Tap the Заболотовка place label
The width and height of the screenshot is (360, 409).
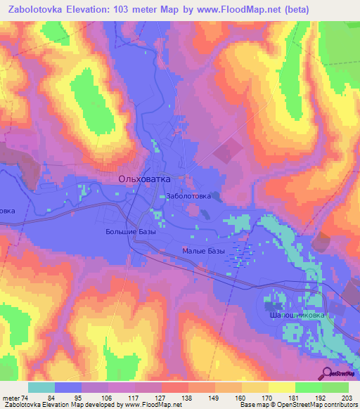pyautogui.click(x=188, y=197)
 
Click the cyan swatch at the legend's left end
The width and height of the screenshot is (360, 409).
pyautogui.click(x=41, y=387)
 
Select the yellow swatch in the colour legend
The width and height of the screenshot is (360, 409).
pyautogui.click(x=281, y=387)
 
